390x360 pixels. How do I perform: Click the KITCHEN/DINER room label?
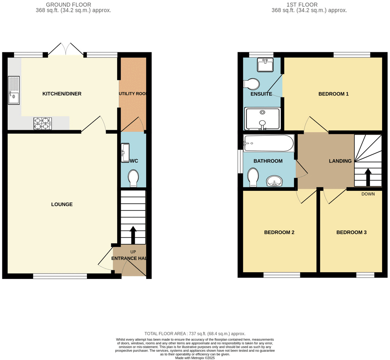tap(62, 94)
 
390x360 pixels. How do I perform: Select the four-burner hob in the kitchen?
tap(42, 124)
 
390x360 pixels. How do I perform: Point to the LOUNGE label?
tap(62, 204)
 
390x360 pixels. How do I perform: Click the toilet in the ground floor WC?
tap(133, 178)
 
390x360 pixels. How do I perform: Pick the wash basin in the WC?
tap(125, 153)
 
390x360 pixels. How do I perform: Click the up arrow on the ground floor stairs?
tap(133, 235)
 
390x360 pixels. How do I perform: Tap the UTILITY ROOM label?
tap(133, 94)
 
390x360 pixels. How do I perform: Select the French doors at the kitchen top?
tap(66, 50)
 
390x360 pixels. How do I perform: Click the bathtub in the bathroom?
tap(269, 144)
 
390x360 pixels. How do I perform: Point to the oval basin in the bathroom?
tap(274, 181)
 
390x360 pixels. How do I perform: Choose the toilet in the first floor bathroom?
tap(253, 177)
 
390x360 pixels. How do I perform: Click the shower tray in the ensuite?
tap(263, 119)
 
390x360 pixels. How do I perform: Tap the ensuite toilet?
tap(252, 84)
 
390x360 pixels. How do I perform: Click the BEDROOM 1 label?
tap(333, 94)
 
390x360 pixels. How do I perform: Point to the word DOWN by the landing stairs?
tap(368, 194)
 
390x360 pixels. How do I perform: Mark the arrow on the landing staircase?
tap(368, 177)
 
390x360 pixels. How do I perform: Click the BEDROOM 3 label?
tap(351, 232)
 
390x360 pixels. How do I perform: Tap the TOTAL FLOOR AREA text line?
tap(195, 333)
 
